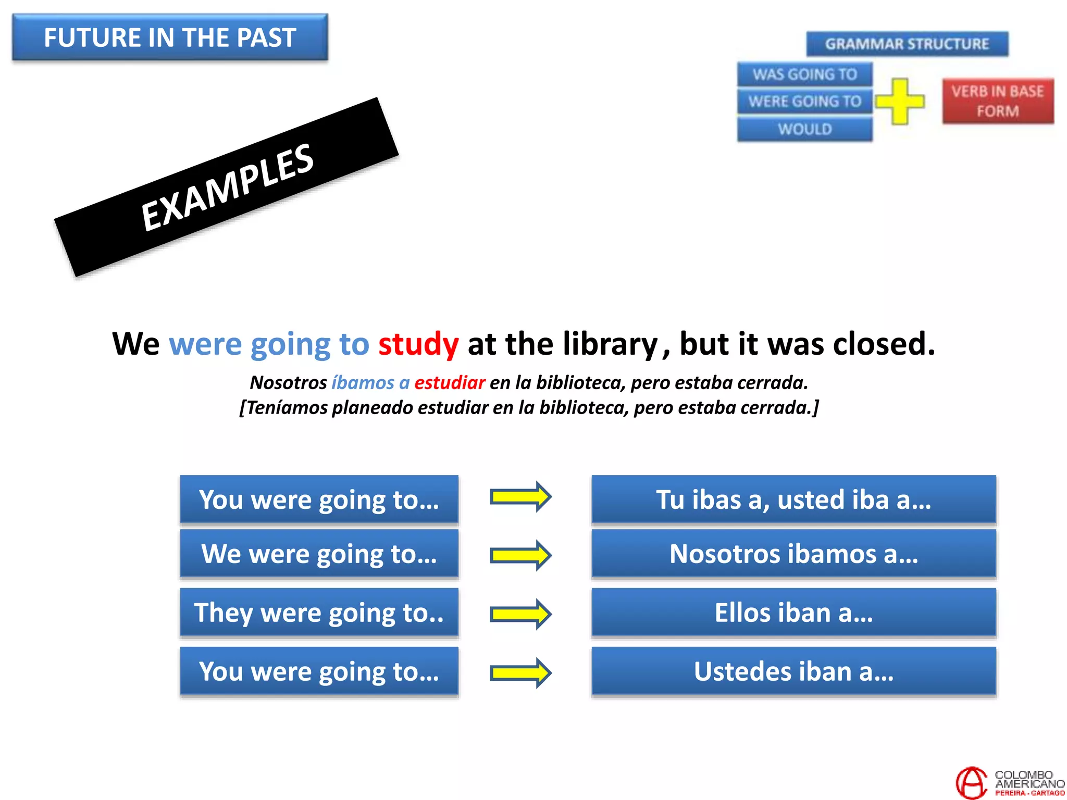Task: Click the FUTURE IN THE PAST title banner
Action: coord(170,37)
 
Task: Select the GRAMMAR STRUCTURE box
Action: coord(907,44)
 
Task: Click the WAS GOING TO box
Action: coord(804,74)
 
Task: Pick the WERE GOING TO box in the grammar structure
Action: coord(804,101)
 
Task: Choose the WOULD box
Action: coord(804,129)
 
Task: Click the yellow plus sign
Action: coord(900,101)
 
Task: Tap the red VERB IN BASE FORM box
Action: coord(998,101)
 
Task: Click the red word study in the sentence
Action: coord(418,344)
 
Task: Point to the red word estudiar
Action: coord(450,383)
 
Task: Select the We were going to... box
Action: coord(319,554)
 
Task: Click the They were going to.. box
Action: coord(319,612)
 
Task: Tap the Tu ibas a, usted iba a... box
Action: coord(793,499)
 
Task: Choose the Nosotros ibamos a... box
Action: coord(793,554)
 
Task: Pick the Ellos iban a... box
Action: coord(793,612)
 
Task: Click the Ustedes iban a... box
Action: coord(793,671)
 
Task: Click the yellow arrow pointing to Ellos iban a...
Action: coord(520,614)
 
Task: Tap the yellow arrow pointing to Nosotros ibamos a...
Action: coord(520,555)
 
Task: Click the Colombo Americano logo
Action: coord(1009,782)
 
